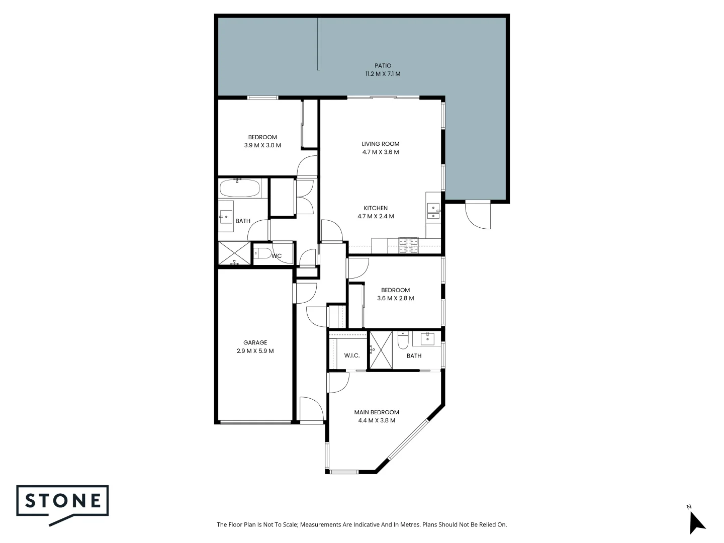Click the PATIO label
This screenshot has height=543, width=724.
point(383,65)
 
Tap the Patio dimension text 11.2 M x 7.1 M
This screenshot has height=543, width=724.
point(383,74)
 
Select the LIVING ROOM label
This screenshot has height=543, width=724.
point(381,144)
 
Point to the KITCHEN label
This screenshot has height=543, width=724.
point(376,208)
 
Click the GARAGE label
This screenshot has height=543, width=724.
point(255,343)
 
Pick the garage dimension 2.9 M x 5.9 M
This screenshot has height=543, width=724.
point(255,351)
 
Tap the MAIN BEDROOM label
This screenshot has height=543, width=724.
point(377,412)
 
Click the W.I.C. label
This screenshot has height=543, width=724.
point(352,356)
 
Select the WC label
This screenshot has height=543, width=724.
point(277,256)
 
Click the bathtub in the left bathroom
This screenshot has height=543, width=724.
point(240,189)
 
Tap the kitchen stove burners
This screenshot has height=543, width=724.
point(409,244)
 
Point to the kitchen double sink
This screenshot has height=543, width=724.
point(432,211)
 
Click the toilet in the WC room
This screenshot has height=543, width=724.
point(262,253)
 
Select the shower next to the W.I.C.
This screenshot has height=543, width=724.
point(380,350)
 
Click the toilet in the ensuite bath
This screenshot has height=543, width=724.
point(403,341)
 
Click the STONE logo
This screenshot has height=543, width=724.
point(63,501)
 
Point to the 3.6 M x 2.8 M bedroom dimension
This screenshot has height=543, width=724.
point(395,298)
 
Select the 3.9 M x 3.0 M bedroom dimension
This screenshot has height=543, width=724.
point(262,145)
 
